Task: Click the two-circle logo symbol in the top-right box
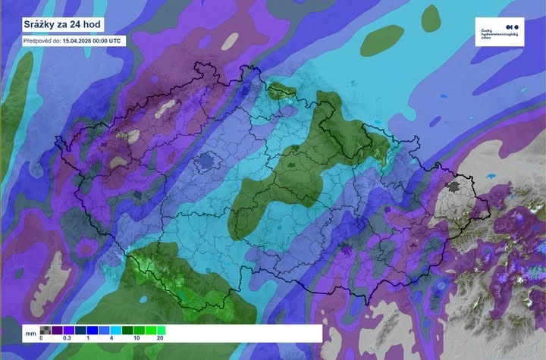[490, 25]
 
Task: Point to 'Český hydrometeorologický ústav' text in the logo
[499, 35]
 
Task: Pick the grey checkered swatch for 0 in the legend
[45, 330]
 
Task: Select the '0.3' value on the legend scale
[67, 338]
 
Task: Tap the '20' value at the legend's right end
[160, 338]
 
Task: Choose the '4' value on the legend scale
[111, 338]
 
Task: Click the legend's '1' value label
[88, 338]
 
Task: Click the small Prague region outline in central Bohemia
[206, 161]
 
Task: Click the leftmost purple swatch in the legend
[57, 330]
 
